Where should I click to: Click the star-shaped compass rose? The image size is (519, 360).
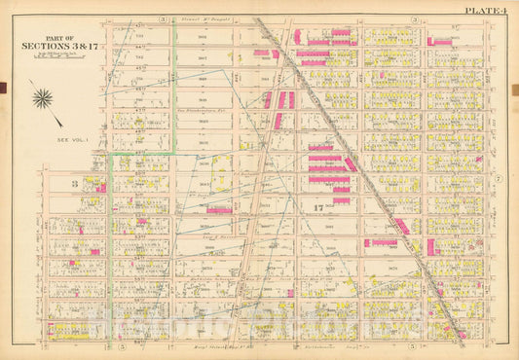[x=43, y=97]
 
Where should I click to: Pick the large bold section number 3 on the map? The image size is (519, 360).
[x=73, y=183]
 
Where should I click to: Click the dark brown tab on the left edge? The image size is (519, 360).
[x=3, y=88]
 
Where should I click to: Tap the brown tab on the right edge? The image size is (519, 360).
[x=515, y=88]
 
